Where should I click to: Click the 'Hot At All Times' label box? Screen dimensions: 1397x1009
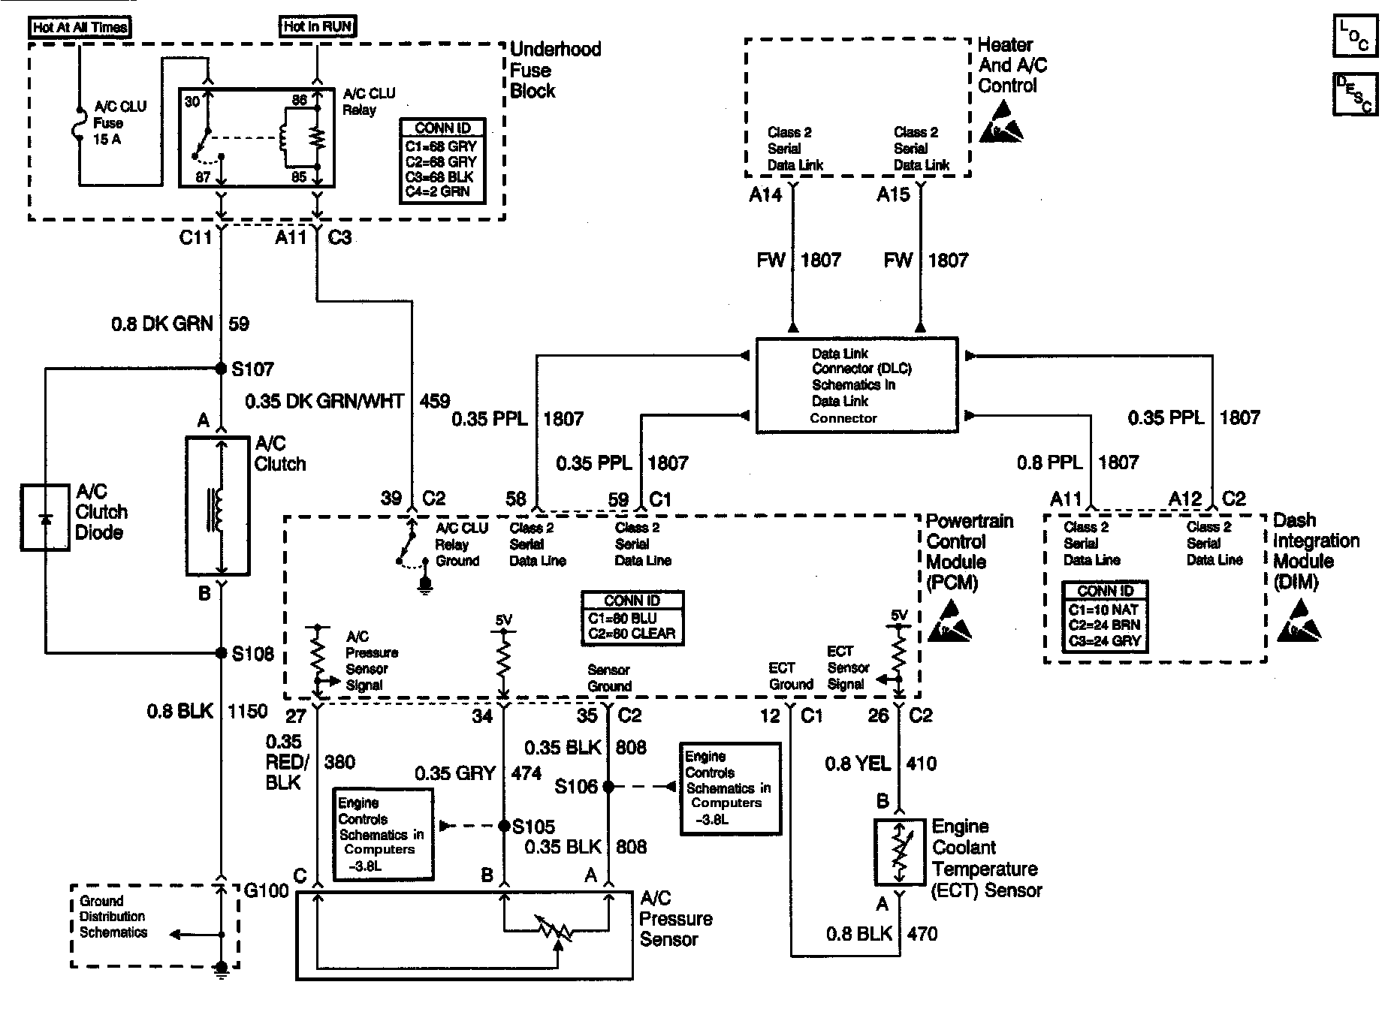pyautogui.click(x=80, y=28)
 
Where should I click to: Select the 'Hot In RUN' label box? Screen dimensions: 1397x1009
pyautogui.click(x=317, y=26)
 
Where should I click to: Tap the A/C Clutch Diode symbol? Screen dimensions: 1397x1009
pyautogui.click(x=46, y=517)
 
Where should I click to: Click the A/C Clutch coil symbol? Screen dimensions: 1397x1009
pyautogui.click(x=218, y=507)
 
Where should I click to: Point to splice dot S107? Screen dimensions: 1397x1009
pyautogui.click(x=221, y=369)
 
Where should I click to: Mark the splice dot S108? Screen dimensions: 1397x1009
pyautogui.click(x=221, y=653)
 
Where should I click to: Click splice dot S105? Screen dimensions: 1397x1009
pyautogui.click(x=504, y=827)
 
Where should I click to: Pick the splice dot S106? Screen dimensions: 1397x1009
pyautogui.click(x=608, y=787)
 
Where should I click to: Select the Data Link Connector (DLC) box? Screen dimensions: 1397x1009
pyautogui.click(x=857, y=385)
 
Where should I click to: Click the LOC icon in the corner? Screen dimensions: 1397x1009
pyautogui.click(x=1355, y=36)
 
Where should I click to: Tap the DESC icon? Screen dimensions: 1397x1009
pyautogui.click(x=1355, y=94)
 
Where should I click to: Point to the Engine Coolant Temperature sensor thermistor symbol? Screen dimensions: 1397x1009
pyautogui.click(x=899, y=852)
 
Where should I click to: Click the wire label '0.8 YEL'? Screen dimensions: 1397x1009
pyautogui.click(x=858, y=764)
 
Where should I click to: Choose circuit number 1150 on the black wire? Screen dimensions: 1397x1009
pyautogui.click(x=248, y=711)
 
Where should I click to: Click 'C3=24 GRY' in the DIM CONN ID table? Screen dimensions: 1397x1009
pyautogui.click(x=1104, y=641)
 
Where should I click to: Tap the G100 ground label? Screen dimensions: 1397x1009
pyautogui.click(x=267, y=891)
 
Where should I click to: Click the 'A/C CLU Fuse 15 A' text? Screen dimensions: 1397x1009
pyautogui.click(x=120, y=123)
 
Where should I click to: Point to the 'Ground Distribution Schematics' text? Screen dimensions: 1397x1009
pyautogui.click(x=113, y=917)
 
